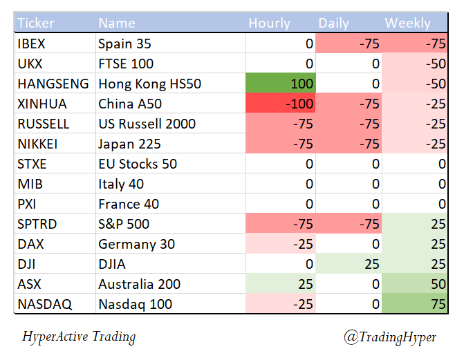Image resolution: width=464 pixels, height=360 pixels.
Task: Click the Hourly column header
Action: point(270,23)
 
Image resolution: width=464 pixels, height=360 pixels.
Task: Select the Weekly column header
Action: point(407,23)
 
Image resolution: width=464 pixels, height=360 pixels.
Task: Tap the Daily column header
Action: point(333,23)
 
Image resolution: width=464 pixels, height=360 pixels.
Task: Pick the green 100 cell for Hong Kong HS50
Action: point(281,84)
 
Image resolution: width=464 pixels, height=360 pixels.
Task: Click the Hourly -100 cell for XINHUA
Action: point(281,104)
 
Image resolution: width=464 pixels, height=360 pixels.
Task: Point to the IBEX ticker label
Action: point(33,44)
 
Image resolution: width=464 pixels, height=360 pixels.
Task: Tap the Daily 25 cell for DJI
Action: point(349,264)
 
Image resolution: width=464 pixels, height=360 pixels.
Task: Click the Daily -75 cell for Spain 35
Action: point(349,44)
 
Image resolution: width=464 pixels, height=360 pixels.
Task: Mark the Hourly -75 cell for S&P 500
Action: point(281,224)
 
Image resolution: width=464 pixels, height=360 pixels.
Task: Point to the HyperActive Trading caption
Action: point(79,337)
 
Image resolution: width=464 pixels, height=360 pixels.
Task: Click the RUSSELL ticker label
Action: point(44,124)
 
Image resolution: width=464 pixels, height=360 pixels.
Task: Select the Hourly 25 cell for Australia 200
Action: point(281,284)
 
